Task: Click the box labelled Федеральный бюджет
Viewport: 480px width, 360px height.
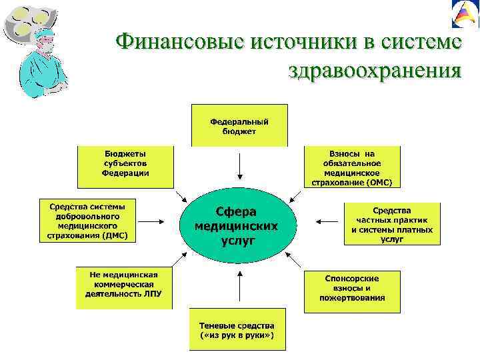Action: [x=239, y=125]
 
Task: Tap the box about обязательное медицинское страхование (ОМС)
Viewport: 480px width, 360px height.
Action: [x=352, y=166]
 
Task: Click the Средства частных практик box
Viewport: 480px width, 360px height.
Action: [x=392, y=225]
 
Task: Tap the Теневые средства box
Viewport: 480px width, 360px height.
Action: [x=237, y=329]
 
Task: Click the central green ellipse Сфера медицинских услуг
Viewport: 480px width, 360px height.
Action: [x=237, y=226]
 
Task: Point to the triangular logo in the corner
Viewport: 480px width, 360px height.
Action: [x=465, y=15]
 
